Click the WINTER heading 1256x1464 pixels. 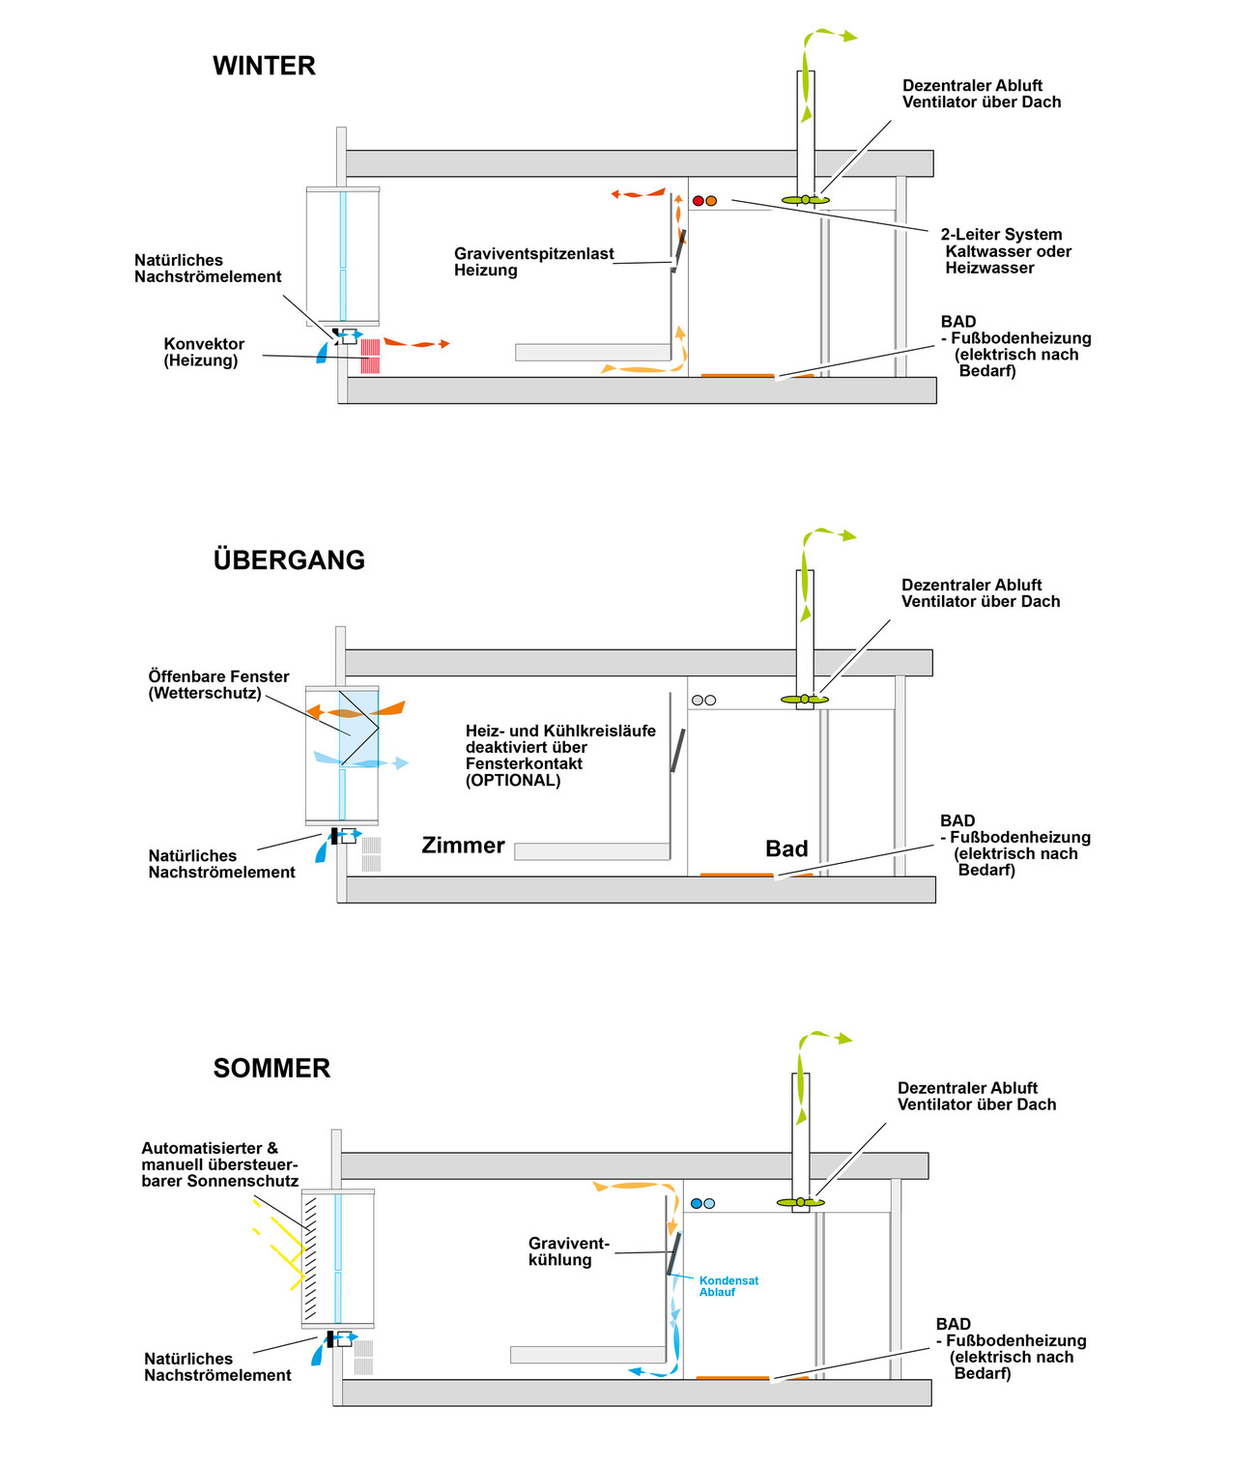tap(264, 66)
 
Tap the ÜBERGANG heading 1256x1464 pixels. tap(289, 560)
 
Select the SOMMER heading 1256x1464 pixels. tap(271, 1068)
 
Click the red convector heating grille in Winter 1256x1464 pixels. tap(370, 356)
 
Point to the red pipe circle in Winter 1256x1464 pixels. tap(698, 201)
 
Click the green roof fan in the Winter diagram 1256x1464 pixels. tap(805, 200)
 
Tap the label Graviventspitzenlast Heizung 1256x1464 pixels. tap(533, 262)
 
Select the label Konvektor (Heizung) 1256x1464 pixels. tap(204, 352)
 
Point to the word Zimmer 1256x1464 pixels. tap(463, 846)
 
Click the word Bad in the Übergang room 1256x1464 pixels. tap(786, 848)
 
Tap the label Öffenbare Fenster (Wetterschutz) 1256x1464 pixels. tap(218, 684)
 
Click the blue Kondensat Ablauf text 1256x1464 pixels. tap(728, 1286)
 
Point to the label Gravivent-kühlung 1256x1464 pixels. tap(568, 1251)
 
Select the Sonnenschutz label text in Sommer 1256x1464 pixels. tap(219, 1164)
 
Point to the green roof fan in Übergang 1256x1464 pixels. tap(804, 700)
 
